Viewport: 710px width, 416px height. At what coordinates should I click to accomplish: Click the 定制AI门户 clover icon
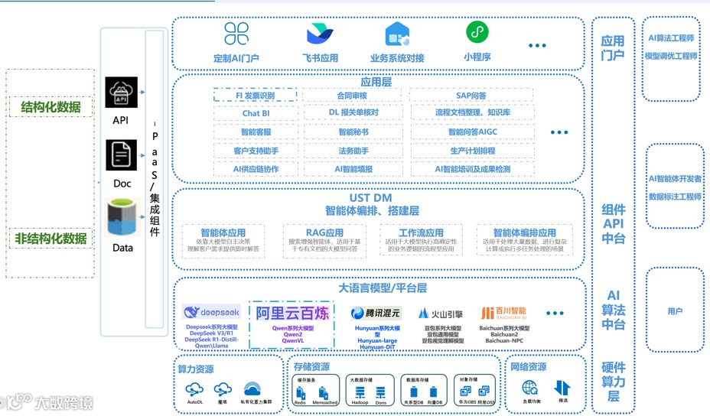point(236,34)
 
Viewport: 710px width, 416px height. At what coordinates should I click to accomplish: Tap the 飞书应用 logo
point(320,34)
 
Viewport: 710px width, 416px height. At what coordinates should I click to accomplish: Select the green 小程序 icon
point(477,33)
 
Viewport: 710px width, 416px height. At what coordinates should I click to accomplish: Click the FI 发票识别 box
point(255,96)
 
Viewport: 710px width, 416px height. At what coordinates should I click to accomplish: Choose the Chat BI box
point(256,113)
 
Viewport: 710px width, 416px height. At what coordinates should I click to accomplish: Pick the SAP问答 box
point(471,96)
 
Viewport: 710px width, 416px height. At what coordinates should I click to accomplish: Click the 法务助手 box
point(353,151)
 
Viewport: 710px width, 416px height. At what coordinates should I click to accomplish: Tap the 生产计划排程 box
point(471,151)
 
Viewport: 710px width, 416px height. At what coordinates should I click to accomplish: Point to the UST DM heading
point(371,198)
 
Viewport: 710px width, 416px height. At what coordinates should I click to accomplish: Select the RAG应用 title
point(324,232)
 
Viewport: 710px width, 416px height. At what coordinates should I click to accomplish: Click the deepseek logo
point(211,312)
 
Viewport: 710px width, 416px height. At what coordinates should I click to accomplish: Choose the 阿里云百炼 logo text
point(291,313)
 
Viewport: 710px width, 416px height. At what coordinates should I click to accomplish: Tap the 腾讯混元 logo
point(375,313)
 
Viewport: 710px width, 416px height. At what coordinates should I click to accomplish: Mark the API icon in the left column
point(121,95)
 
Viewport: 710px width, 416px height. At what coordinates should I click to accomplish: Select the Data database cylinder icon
point(122,217)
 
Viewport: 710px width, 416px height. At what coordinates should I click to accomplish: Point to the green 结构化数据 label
point(50,107)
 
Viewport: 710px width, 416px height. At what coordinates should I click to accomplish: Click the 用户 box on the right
point(674,311)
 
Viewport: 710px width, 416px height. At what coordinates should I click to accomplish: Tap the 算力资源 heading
point(196,369)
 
